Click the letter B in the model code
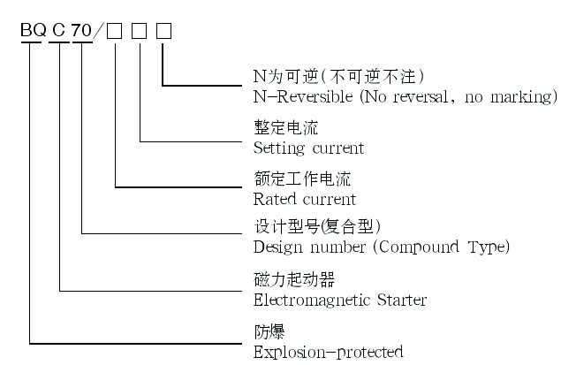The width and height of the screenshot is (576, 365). pyautogui.click(x=28, y=31)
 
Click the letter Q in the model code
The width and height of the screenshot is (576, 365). pyautogui.click(x=42, y=31)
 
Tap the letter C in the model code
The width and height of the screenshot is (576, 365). pyautogui.click(x=59, y=31)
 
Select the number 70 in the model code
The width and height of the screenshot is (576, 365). pyautogui.click(x=81, y=31)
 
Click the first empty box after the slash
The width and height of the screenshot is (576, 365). pyautogui.click(x=115, y=31)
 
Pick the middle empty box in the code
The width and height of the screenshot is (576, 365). pyautogui.click(x=140, y=31)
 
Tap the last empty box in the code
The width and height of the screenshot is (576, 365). pyautogui.click(x=164, y=31)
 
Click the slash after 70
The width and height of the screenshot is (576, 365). pyautogui.click(x=99, y=31)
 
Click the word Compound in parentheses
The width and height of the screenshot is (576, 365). pyautogui.click(x=414, y=246)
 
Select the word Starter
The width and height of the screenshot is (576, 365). pyautogui.click(x=405, y=300)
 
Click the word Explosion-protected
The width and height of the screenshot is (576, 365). pyautogui.click(x=328, y=352)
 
